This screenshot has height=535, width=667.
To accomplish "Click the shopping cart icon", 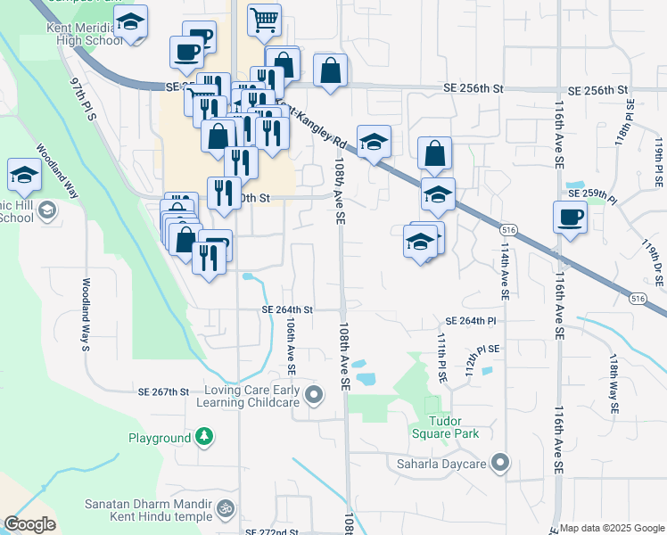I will tap(264, 20).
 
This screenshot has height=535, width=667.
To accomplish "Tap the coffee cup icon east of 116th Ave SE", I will tap(569, 217).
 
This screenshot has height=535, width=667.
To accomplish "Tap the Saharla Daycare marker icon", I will tap(500, 463).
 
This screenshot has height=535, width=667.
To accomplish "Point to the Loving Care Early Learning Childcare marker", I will tap(313, 394).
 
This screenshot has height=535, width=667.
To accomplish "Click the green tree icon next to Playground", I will tap(205, 438).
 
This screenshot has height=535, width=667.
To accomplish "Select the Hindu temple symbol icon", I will tap(226, 510).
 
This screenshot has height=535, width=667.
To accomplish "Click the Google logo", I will tap(29, 524).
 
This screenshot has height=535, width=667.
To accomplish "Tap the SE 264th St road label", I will tap(287, 309).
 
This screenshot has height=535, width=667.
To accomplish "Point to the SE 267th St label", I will tap(164, 391).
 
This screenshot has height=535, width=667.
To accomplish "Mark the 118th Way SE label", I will tap(614, 383).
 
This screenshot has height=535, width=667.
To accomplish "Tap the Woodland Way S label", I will tap(86, 315).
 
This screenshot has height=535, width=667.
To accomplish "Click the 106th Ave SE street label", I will tap(290, 348).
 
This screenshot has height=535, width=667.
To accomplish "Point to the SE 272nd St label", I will tap(272, 531).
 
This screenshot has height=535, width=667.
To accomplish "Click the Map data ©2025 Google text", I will tap(612, 528).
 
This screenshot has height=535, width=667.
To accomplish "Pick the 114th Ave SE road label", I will tap(505, 273).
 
